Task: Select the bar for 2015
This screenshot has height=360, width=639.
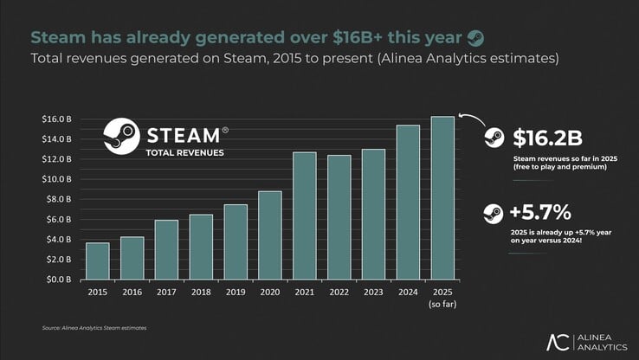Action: pos(98,260)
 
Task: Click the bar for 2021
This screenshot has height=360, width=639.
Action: pos(305,215)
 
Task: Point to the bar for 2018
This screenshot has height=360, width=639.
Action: pos(201,247)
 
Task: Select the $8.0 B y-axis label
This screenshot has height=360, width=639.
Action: pos(59,199)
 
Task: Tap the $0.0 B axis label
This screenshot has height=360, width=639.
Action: pos(59,280)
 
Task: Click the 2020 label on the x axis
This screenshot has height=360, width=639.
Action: pos(270,292)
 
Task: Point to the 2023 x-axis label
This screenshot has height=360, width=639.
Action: pos(373,292)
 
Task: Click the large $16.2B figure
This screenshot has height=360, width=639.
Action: pos(547,138)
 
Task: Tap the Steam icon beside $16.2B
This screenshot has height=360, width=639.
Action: pos(494,138)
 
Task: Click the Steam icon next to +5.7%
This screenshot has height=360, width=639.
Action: pos(494,213)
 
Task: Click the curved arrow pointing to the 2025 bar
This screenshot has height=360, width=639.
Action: pos(468,121)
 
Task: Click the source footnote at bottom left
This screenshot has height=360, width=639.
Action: pos(94,328)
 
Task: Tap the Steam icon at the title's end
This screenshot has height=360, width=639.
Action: pos(475,37)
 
